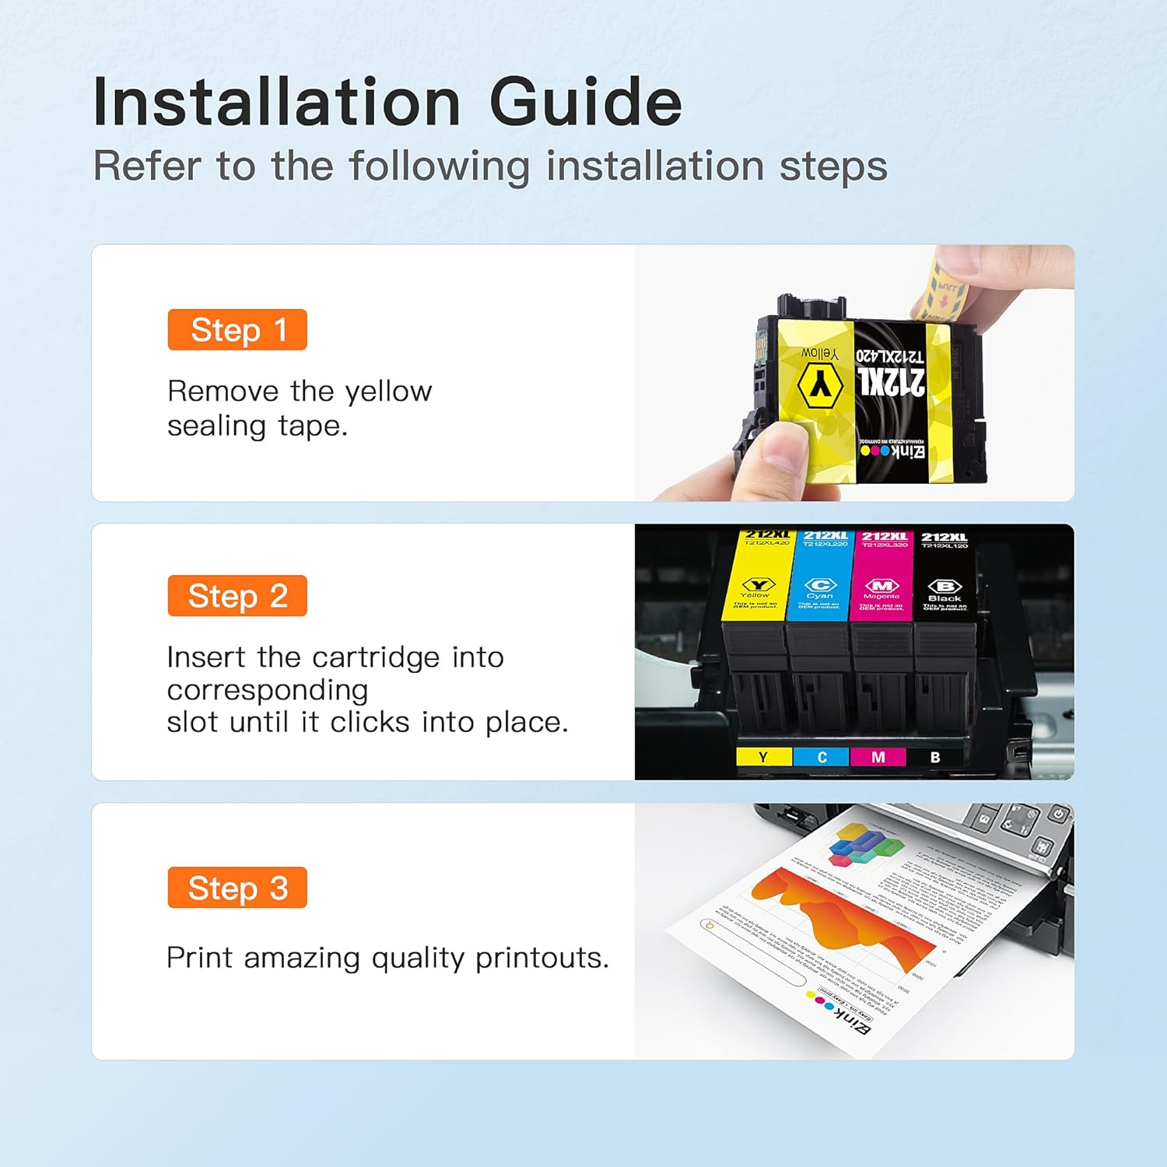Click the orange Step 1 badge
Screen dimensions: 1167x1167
pyautogui.click(x=237, y=330)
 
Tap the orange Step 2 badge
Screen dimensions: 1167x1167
pyautogui.click(x=237, y=596)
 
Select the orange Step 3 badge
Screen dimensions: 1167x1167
pyautogui.click(x=237, y=888)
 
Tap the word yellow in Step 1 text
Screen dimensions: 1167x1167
pyautogui.click(x=388, y=391)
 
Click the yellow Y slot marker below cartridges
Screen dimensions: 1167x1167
pyautogui.click(x=763, y=757)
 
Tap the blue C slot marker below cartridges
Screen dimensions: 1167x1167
pyautogui.click(x=822, y=757)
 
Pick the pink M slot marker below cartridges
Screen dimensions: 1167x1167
pyautogui.click(x=878, y=757)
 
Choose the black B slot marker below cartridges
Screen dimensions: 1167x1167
pyautogui.click(x=935, y=757)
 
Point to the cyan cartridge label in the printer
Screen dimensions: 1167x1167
pyautogui.click(x=820, y=576)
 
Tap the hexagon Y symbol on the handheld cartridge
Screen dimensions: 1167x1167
pyautogui.click(x=820, y=384)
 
